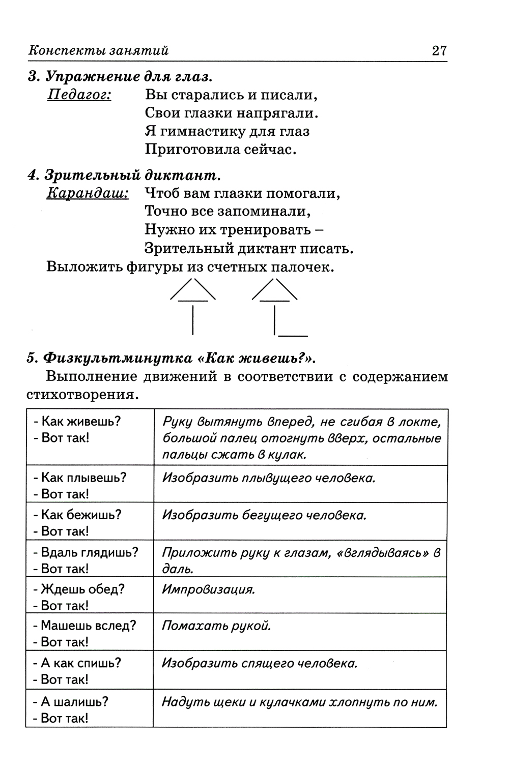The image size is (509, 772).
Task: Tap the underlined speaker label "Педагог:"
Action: tap(79, 95)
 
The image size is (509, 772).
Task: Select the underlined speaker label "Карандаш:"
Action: tap(88, 193)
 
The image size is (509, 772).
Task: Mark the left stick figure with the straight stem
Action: tap(192, 305)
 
